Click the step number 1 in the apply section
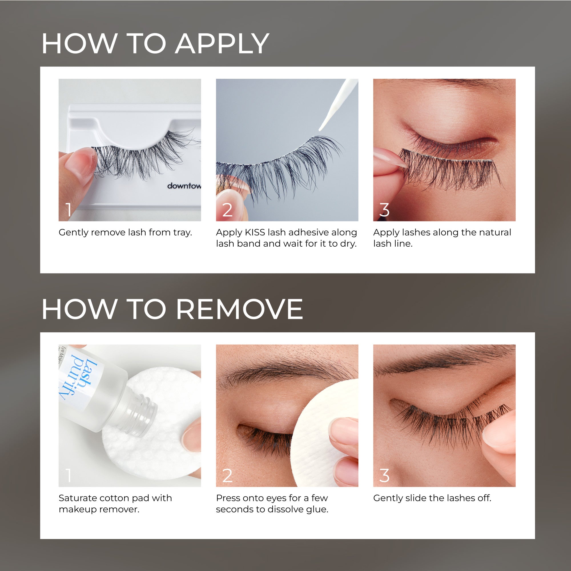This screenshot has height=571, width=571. pyautogui.click(x=69, y=210)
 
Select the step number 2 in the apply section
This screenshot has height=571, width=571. pyautogui.click(x=227, y=210)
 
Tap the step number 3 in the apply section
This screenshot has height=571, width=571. pyautogui.click(x=384, y=210)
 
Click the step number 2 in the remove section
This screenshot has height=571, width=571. pyautogui.click(x=227, y=476)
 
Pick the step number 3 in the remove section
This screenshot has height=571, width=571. pyautogui.click(x=384, y=476)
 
